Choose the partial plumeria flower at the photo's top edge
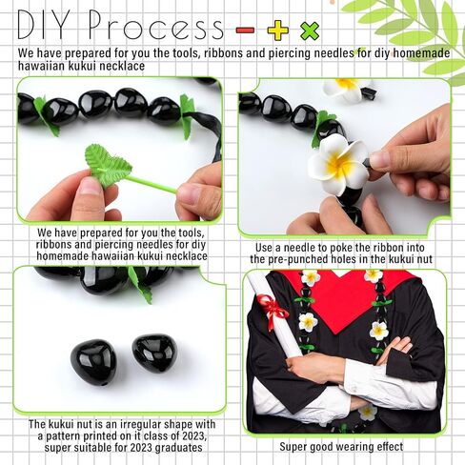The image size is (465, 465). pyautogui.click(x=345, y=88)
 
